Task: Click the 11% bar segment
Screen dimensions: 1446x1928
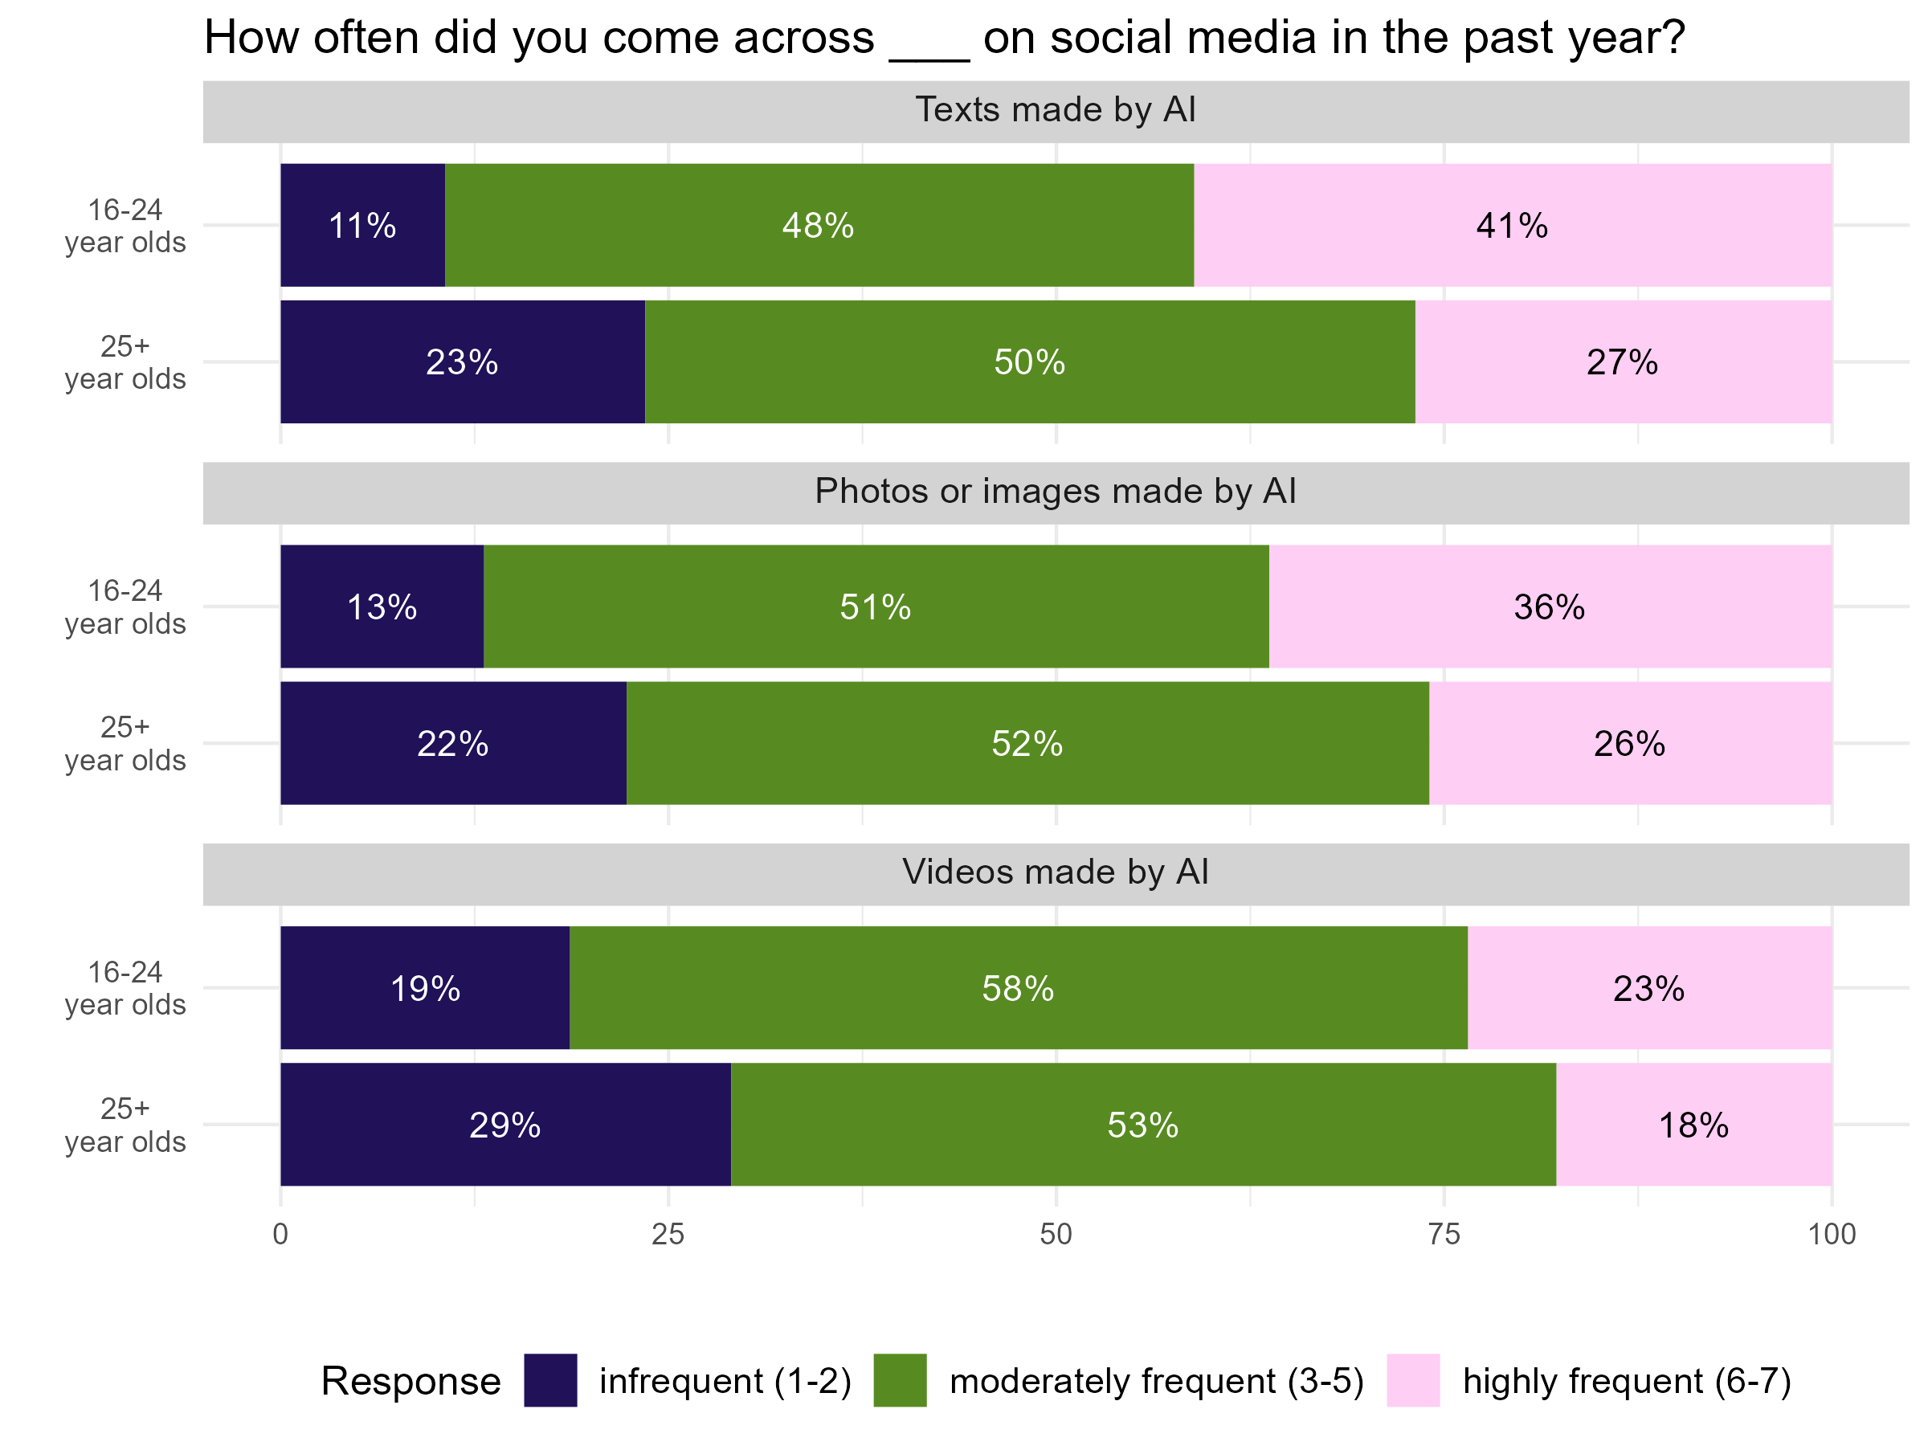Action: [x=362, y=225]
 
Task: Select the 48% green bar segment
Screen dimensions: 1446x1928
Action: [x=819, y=225]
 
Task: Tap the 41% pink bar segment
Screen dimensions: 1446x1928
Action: [x=1512, y=225]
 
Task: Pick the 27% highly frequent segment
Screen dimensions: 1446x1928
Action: [x=1622, y=361]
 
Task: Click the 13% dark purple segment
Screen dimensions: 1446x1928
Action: [x=382, y=607]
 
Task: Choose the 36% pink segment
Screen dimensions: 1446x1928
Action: [x=1550, y=607]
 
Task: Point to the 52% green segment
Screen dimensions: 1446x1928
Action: [x=1027, y=743]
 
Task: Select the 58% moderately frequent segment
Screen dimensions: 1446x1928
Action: [x=1018, y=987]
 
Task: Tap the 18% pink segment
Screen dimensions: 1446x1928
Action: [x=1693, y=1125]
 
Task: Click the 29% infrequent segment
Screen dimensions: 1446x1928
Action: [x=505, y=1125]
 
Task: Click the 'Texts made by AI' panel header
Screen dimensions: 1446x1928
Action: [x=1055, y=111]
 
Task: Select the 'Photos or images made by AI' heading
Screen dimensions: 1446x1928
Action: [x=1055, y=492]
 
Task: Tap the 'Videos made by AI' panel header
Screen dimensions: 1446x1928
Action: [x=1055, y=872]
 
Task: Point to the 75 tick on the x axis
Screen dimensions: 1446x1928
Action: [x=1444, y=1234]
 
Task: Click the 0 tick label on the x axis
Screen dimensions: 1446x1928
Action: [x=280, y=1234]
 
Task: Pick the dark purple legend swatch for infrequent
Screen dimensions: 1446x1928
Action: [x=550, y=1381]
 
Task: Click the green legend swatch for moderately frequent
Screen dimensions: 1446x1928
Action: [x=900, y=1381]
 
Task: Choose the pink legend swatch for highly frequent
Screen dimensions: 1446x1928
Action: [x=1413, y=1381]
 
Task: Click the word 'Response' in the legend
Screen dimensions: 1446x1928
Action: [x=411, y=1382]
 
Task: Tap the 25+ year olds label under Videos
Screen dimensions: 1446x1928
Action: [x=125, y=1125]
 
